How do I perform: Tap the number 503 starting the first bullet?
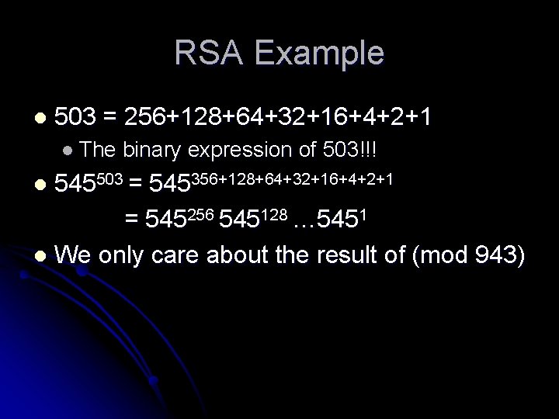(77, 118)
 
